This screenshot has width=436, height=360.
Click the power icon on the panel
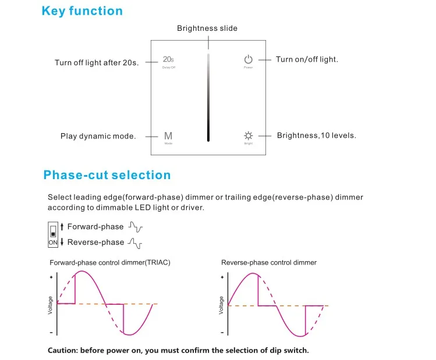pyautogui.click(x=249, y=59)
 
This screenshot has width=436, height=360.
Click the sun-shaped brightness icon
pyautogui.click(x=249, y=136)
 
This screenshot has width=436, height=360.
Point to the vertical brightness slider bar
pyautogui.click(x=208, y=97)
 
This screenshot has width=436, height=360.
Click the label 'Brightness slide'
pyautogui.click(x=207, y=28)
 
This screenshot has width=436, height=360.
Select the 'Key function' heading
pyautogui.click(x=82, y=11)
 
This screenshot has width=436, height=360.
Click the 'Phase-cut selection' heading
pyautogui.click(x=107, y=175)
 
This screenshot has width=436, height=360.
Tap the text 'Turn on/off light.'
pyautogui.click(x=307, y=59)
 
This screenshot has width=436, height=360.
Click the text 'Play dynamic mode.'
pyautogui.click(x=98, y=136)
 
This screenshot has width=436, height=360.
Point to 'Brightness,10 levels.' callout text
pyautogui.click(x=317, y=136)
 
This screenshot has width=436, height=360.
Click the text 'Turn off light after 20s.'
pyautogui.click(x=97, y=63)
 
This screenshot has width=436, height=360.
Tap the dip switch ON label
pyautogui.click(x=53, y=243)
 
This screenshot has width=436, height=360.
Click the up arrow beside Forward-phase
pyautogui.click(x=62, y=227)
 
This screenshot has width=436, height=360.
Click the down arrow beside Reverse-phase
pyautogui.click(x=62, y=242)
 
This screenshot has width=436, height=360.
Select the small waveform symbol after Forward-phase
pyautogui.click(x=136, y=227)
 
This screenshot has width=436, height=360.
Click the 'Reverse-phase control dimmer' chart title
pyautogui.click(x=269, y=262)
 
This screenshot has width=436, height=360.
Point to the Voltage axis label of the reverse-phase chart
pyautogui.click(x=221, y=305)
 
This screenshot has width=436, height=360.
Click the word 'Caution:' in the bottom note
pyautogui.click(x=63, y=350)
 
